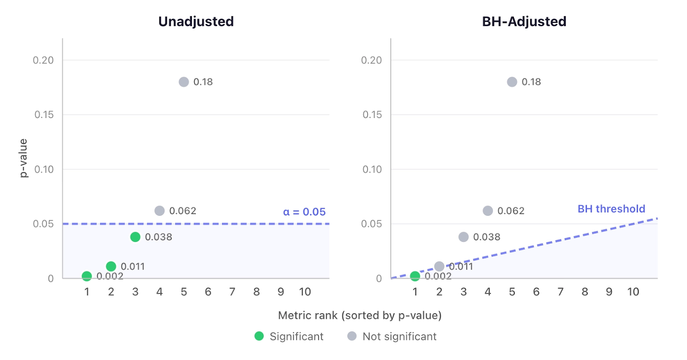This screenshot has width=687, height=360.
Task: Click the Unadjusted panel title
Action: tap(196, 21)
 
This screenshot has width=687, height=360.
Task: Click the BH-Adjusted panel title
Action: tap(524, 21)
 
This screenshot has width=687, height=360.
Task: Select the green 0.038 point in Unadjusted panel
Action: tap(135, 237)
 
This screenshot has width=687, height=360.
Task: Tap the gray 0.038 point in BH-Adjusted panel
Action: tap(463, 237)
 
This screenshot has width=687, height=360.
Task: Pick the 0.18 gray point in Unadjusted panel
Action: tap(184, 82)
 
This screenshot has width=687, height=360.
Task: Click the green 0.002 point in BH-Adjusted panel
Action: tap(415, 276)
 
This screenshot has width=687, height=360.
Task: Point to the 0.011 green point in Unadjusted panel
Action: tap(111, 266)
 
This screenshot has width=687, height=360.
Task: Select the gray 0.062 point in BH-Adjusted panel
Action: tap(487, 211)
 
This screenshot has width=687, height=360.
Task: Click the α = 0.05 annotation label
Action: tap(304, 212)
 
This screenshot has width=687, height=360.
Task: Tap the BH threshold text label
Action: tap(611, 209)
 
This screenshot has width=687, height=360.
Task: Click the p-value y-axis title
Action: tap(23, 158)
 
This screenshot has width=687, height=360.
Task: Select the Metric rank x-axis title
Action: tap(360, 315)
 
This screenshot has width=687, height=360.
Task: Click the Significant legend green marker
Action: tap(259, 336)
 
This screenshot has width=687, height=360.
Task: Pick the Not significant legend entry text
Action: tap(399, 336)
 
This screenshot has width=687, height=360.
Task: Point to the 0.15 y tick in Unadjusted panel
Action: tap(44, 115)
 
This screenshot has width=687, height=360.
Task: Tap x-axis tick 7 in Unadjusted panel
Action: tap(232, 292)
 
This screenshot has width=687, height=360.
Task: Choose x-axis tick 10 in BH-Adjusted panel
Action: tap(633, 292)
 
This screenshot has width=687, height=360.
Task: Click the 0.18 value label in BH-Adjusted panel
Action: tap(531, 82)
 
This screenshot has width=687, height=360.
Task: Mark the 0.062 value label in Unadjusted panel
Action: tap(182, 211)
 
